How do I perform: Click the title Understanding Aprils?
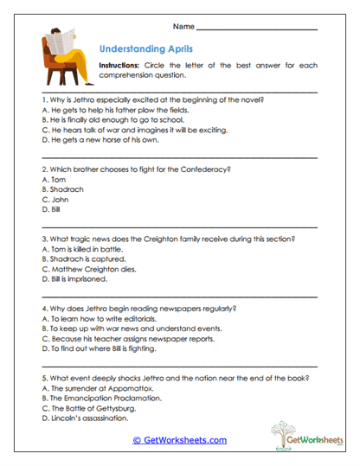click(x=146, y=49)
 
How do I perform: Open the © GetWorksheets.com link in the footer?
click(x=179, y=440)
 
